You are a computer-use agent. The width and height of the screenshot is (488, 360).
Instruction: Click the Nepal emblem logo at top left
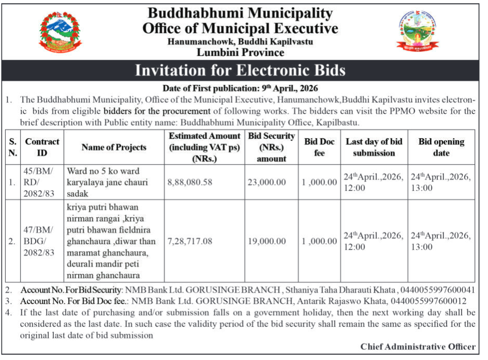(61, 32)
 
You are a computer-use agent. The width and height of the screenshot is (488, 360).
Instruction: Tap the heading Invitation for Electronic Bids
(240, 70)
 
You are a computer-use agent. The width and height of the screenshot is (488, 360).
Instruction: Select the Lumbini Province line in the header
(240, 52)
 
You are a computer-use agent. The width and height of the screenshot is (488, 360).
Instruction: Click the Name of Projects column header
(114, 147)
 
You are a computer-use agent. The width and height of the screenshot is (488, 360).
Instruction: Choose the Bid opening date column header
(441, 147)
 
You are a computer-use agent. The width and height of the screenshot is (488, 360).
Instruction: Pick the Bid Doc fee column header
(319, 147)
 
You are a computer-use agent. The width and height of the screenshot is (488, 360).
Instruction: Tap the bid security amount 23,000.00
(266, 182)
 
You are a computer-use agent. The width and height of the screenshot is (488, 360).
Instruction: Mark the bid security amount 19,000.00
(266, 241)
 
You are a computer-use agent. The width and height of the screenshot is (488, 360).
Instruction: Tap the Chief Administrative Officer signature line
(418, 347)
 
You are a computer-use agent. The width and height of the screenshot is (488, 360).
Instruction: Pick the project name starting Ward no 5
(103, 182)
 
